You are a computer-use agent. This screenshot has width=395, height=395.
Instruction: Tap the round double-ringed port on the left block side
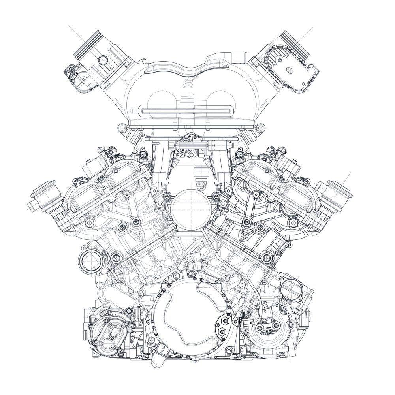point(88,260)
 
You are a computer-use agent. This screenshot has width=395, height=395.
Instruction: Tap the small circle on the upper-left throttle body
point(103,60)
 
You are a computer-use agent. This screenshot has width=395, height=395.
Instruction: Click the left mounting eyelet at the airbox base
point(121,128)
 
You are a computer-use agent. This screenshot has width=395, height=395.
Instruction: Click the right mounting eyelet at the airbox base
point(260,128)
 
